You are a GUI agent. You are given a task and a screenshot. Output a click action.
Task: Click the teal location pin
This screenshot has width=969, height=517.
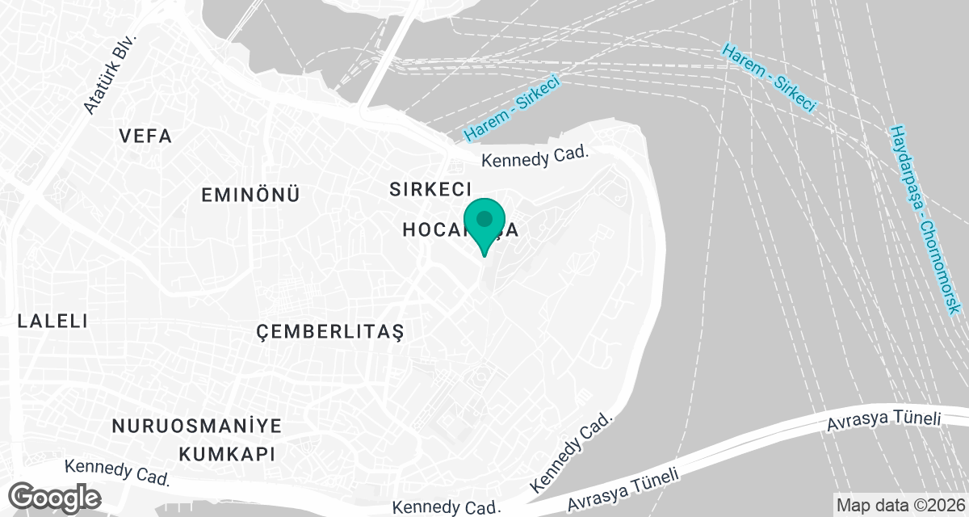(484, 222)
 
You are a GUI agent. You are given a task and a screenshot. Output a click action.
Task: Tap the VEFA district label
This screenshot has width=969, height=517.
(145, 137)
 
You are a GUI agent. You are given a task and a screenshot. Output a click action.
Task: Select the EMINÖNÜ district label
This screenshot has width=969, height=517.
(250, 195)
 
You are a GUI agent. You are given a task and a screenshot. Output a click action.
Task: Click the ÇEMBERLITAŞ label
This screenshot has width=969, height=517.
(329, 331)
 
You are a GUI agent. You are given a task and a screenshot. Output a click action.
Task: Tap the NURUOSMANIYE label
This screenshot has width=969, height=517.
(196, 426)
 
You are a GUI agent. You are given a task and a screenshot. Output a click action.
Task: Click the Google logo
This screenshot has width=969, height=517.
(55, 495)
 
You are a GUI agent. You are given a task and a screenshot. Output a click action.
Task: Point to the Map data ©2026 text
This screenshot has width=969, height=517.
(899, 504)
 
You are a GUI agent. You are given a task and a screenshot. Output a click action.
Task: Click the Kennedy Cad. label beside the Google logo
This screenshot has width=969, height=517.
(118, 472)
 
